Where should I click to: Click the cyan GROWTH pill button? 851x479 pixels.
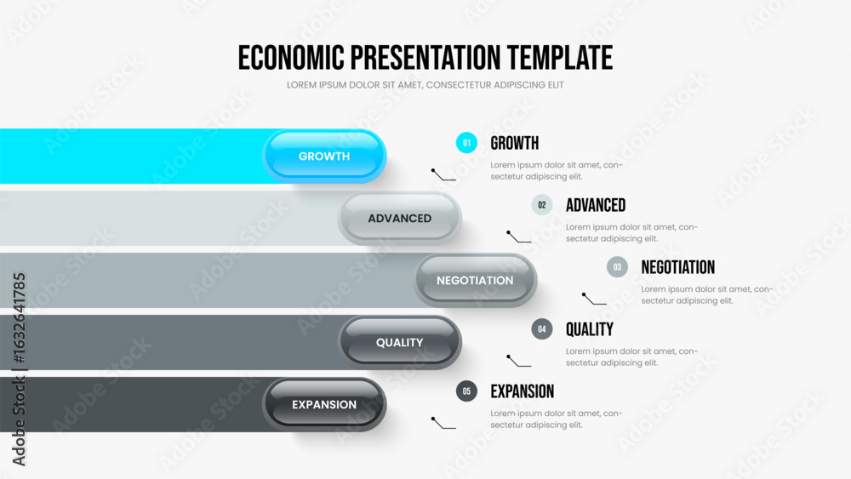coord(324,157)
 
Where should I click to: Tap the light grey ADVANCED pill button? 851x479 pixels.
coord(399,218)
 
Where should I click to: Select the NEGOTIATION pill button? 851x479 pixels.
coord(475,281)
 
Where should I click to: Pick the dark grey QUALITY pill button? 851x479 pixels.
coord(399,342)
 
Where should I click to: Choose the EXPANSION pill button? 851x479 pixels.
coord(324,405)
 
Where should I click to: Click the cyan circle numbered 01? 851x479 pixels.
coord(466,143)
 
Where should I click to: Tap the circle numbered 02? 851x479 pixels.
coord(541,205)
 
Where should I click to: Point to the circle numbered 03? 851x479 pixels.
coord(617,267)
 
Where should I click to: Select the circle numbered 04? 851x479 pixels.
coord(541,328)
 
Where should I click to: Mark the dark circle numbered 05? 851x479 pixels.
coord(466,391)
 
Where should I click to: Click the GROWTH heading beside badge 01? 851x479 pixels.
coord(515,143)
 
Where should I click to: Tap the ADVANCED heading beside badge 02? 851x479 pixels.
coord(596,205)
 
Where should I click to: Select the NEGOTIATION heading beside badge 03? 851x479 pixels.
coord(678,267)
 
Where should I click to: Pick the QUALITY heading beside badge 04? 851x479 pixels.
coord(590,329)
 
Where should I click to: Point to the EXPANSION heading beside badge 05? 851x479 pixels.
coord(523,391)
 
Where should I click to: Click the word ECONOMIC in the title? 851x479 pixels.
coord(291,58)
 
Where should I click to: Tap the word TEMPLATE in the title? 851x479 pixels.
coord(560,58)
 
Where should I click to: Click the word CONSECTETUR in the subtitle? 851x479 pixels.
coord(460,85)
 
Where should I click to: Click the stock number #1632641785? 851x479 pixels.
coord(19,318)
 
